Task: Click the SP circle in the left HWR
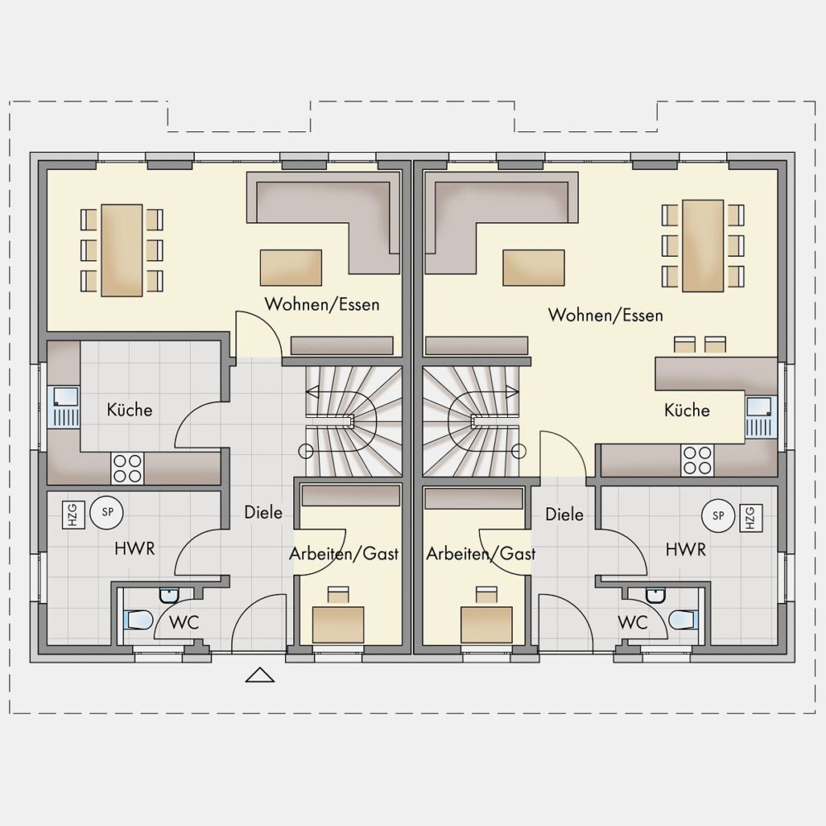pyautogui.click(x=107, y=511)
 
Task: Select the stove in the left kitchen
pyautogui.click(x=127, y=468)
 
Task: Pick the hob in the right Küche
pyautogui.click(x=697, y=460)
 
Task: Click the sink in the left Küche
pyautogui.click(x=64, y=406)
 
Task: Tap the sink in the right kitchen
pyautogui.click(x=762, y=417)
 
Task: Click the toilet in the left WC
pyautogui.click(x=138, y=619)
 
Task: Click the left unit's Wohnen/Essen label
pyautogui.click(x=322, y=304)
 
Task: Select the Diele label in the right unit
pyautogui.click(x=564, y=514)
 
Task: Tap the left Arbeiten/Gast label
pyautogui.click(x=344, y=553)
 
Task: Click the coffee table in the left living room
pyautogui.click(x=291, y=268)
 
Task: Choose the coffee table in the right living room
pyautogui.click(x=534, y=268)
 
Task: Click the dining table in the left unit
pyautogui.click(x=122, y=250)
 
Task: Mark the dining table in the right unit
pyautogui.click(x=703, y=245)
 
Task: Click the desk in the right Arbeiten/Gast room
pyautogui.click(x=487, y=624)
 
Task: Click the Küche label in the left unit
pyautogui.click(x=130, y=410)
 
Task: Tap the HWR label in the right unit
pyautogui.click(x=686, y=549)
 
